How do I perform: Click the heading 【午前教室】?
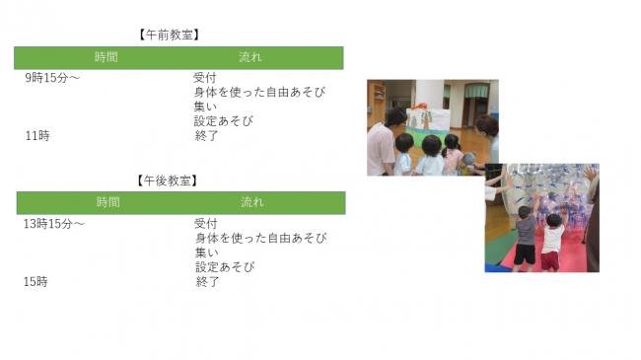[x=171, y=35]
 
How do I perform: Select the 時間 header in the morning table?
[x=106, y=57]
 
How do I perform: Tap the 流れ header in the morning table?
[x=250, y=57]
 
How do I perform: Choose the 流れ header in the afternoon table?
[x=252, y=202]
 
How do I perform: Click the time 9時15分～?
[x=52, y=77]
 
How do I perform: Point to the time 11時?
[x=37, y=136]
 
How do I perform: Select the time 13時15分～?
[x=54, y=224]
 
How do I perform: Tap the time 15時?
[x=36, y=282]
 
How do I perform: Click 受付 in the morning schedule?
[x=205, y=77]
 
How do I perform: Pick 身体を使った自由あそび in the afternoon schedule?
[x=260, y=238]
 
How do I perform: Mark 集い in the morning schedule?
[x=205, y=107]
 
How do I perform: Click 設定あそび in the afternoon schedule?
[x=225, y=267]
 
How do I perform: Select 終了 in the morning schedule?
[x=206, y=136]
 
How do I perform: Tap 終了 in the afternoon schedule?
[x=207, y=282]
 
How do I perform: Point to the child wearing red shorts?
[x=550, y=245]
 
